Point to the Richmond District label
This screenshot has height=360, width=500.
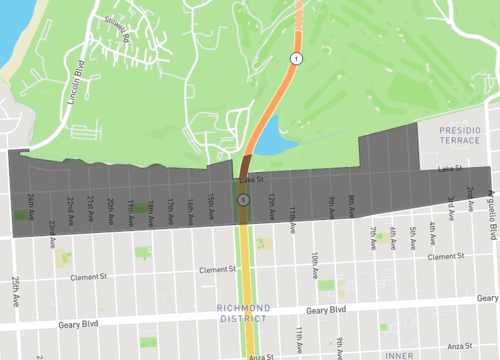(x=243, y=313)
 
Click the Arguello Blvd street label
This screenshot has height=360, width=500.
(x=491, y=216)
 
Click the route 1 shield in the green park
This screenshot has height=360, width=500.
(x=295, y=60)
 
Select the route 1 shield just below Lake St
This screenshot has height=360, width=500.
(x=243, y=201)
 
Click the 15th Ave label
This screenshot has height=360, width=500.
(x=211, y=208)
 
